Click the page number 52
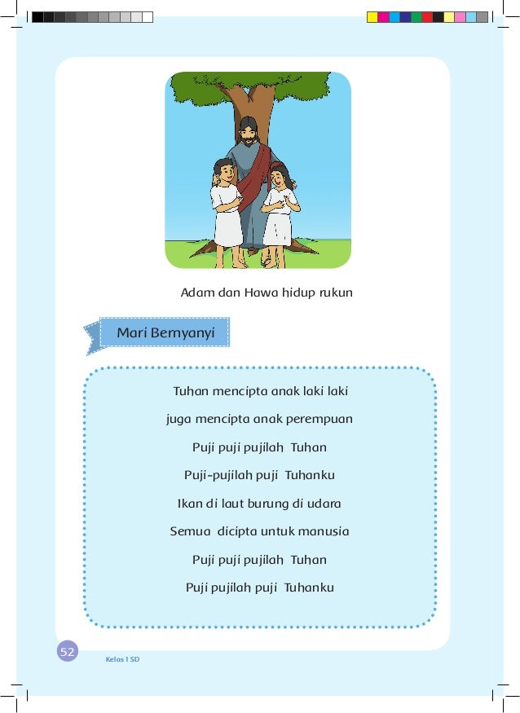[68, 651]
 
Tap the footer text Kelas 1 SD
[122, 658]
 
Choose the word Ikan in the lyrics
[190, 503]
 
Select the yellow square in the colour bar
[372, 16]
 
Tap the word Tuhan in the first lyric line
[191, 391]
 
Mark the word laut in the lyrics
[231, 503]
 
